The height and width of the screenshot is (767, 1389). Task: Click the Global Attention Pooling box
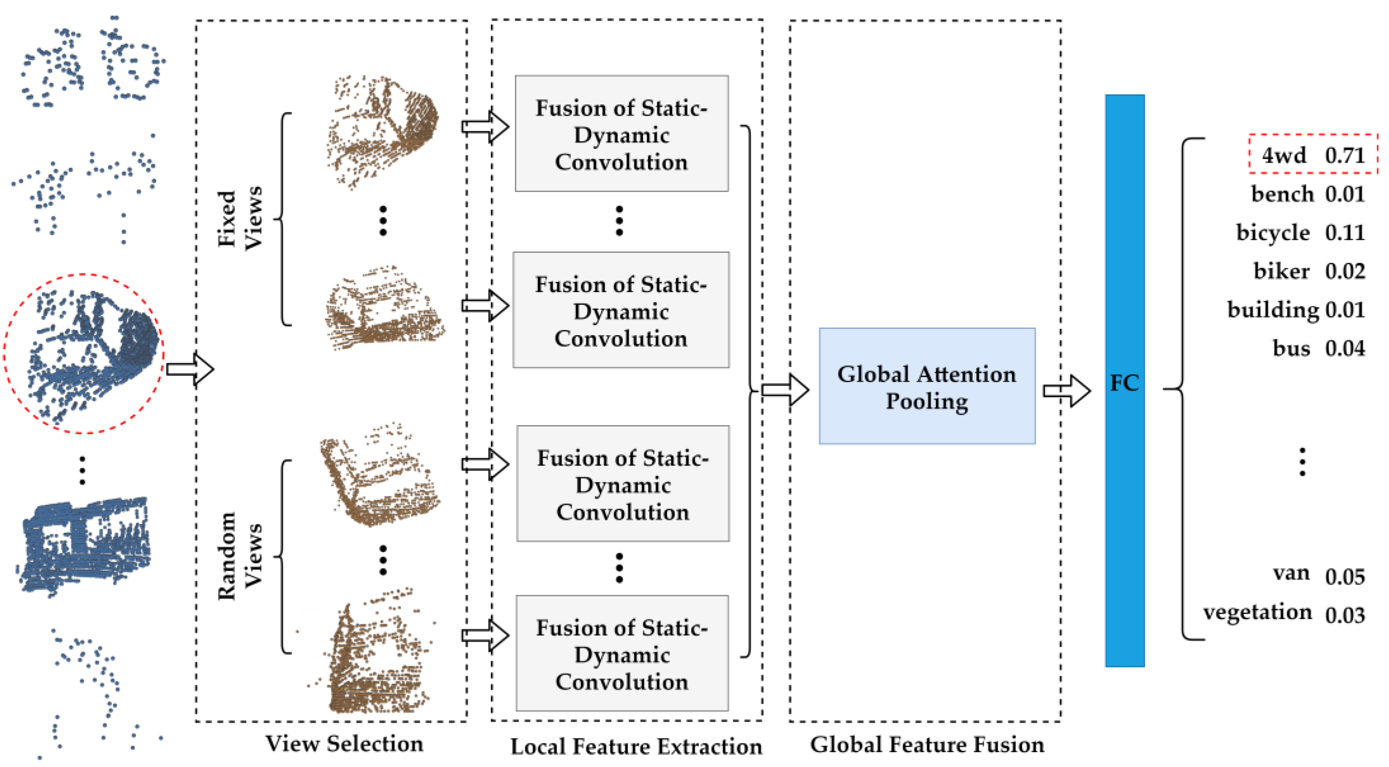coord(926,386)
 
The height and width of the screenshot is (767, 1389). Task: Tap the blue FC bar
coord(1124,380)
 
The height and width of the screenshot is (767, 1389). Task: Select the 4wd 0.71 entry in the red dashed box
coord(1313,154)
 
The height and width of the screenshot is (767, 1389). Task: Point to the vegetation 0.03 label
coord(1283,613)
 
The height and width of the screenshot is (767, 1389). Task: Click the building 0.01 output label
coord(1296,309)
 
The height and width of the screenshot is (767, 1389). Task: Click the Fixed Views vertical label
coord(240,218)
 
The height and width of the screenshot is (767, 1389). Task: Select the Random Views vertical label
coord(240,556)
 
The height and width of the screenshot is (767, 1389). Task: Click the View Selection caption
coord(344,743)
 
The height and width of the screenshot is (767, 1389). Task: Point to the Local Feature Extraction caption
coord(636,746)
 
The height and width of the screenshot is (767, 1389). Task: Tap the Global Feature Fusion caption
coord(926,744)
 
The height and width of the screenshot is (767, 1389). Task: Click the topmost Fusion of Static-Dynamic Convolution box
coord(621,134)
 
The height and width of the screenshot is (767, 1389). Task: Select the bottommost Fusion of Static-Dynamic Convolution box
coord(622,653)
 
